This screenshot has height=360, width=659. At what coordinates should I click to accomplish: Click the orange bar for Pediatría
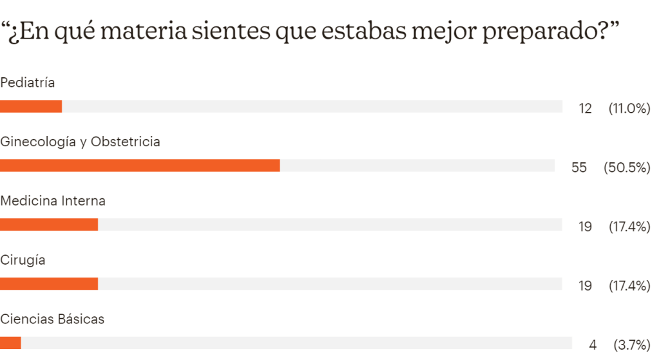click(x=31, y=106)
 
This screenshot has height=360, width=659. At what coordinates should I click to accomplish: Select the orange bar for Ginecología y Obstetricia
click(x=140, y=166)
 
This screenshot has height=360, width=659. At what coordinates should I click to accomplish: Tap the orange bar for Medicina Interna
click(x=49, y=225)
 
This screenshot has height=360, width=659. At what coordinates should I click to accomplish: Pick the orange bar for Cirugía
click(x=49, y=284)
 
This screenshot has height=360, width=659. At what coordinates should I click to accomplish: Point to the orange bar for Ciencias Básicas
click(x=10, y=343)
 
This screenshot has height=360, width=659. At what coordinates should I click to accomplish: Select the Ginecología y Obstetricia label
click(x=80, y=142)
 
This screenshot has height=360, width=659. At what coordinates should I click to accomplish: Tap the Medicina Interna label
click(x=53, y=201)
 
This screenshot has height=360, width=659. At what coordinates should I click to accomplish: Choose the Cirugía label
click(x=23, y=260)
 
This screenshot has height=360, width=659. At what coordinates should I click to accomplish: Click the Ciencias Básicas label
click(x=52, y=319)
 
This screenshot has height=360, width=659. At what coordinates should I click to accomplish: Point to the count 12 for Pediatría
click(x=585, y=108)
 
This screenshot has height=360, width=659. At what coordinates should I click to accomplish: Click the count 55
click(x=579, y=167)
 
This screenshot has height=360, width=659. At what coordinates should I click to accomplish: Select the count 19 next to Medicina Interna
click(x=585, y=227)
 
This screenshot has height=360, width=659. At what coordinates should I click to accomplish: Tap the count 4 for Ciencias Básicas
click(x=593, y=345)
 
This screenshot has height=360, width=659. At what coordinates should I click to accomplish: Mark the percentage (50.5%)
click(x=627, y=167)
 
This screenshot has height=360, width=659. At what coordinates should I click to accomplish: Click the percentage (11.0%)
click(x=629, y=108)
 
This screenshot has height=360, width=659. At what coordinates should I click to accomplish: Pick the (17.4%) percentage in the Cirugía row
click(x=629, y=286)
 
